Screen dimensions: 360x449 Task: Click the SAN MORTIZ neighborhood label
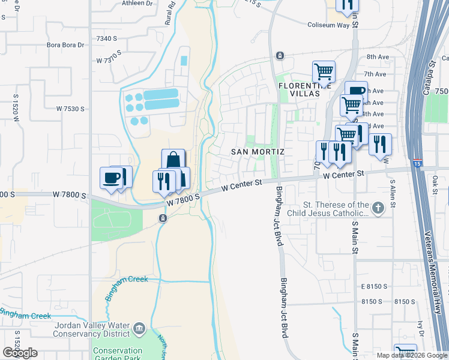[258, 152]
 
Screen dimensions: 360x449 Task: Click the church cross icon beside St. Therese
[378, 208]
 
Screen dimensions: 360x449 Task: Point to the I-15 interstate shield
[418, 163]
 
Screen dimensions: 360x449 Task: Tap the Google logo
[20, 353]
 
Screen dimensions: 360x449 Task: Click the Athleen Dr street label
[137, 4]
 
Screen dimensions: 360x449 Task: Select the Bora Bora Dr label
[64, 45]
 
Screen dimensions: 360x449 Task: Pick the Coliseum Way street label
[328, 25]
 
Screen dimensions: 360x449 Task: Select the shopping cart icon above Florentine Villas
[324, 71]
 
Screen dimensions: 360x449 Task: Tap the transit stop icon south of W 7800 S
[162, 218]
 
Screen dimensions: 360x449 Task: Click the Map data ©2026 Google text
[411, 355]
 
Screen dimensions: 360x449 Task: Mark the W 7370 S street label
[110, 61]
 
